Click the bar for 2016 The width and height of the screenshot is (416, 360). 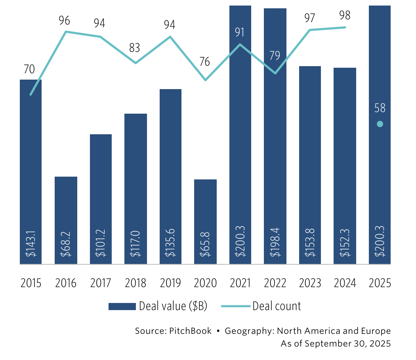tap(66, 220)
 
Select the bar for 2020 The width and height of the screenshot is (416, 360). tap(205, 221)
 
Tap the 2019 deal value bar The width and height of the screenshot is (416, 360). tap(170, 176)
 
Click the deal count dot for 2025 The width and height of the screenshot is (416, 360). tap(380, 124)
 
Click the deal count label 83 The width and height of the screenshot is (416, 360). tap(135, 48)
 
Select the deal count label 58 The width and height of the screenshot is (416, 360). tap(380, 108)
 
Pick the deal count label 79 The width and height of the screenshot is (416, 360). tap(275, 55)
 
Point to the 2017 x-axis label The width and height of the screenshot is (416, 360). tap(101, 283)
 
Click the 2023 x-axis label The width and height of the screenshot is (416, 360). tap(310, 283)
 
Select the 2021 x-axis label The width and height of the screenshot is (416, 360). tap(240, 283)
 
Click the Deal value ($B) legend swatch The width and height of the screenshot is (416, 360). tap(122, 307)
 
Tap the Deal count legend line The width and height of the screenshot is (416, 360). tap(235, 307)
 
